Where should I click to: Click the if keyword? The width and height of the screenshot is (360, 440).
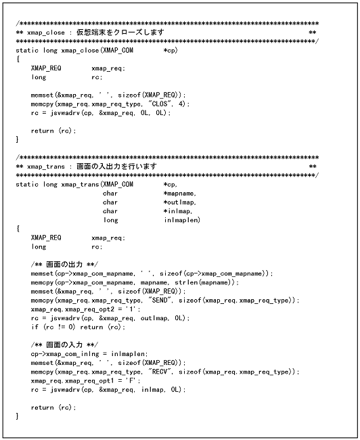(x=35, y=327)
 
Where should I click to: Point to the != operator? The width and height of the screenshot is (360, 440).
(x=63, y=327)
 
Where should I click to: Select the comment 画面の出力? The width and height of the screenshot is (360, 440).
(x=62, y=264)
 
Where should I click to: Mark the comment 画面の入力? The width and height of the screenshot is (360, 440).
(x=62, y=345)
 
